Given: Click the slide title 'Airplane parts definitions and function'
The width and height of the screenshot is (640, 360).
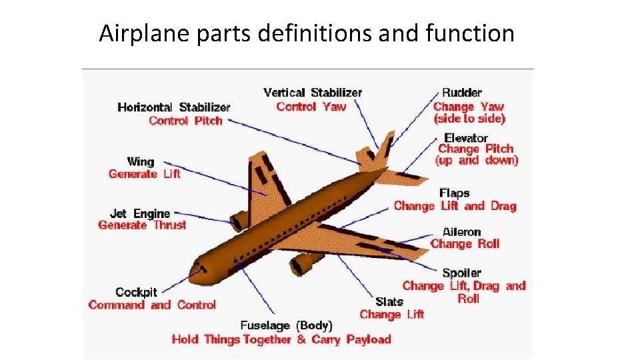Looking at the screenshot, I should tap(307, 33).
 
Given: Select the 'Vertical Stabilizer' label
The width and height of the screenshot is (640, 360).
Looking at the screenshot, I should tap(313, 93).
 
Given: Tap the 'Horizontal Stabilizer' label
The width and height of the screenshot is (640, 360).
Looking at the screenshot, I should tap(173, 107).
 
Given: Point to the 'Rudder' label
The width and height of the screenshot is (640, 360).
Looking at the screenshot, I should tap(461, 93).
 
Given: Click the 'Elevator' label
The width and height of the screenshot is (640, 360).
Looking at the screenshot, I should tap(466, 138).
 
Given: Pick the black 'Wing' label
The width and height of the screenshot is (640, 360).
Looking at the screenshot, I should tap(140, 161).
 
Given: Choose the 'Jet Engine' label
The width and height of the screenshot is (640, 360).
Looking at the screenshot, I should tap(140, 213).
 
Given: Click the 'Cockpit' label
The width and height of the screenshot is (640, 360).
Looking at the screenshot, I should tap(136, 292).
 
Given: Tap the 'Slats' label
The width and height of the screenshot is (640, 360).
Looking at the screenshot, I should tap(389, 302).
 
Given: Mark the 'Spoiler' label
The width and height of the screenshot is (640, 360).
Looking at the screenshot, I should tap(461, 273).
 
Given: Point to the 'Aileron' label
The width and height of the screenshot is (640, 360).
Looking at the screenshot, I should tap(461, 231).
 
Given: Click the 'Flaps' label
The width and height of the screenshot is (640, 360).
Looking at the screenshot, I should tap(454, 193).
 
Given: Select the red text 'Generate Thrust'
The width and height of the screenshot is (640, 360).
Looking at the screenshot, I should tap(142, 225).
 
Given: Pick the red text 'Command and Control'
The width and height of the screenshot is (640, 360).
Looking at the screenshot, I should tap(152, 305).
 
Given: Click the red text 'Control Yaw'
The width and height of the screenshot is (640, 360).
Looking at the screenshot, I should tap(311, 106).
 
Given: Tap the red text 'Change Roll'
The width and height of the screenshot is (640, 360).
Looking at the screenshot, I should tap(465, 244).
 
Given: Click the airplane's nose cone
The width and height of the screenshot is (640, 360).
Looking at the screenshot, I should tap(197, 271).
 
